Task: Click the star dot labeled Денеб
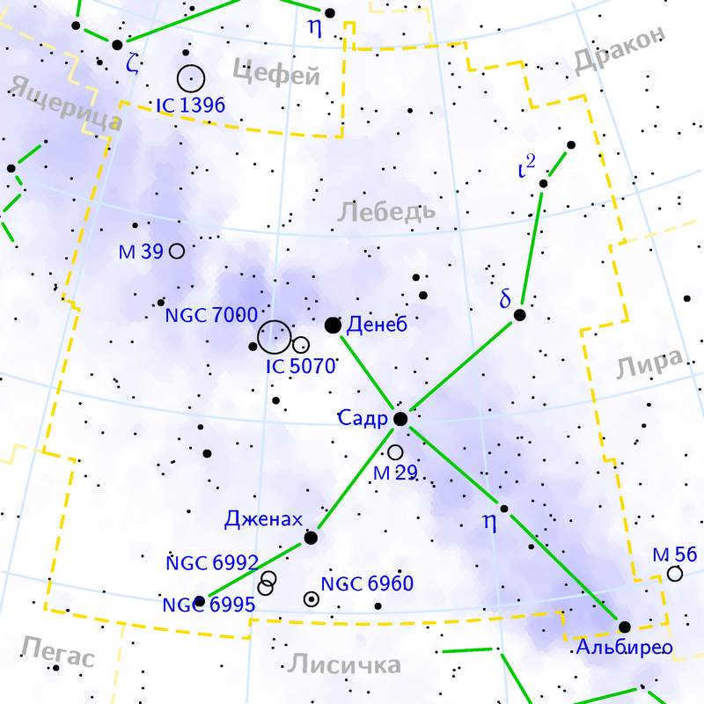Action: tap(333, 326)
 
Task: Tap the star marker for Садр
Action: tap(400, 419)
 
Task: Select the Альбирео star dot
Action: tap(624, 627)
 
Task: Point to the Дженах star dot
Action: tap(311, 537)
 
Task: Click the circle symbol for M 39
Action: tap(177, 251)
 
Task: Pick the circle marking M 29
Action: tap(395, 452)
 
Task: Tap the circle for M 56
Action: tap(675, 574)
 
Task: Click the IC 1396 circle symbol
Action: tap(191, 79)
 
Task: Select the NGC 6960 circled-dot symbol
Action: tap(311, 599)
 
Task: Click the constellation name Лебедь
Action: tap(386, 211)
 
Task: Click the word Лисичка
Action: tap(344, 664)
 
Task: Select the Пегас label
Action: tap(56, 654)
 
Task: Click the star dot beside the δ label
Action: tap(520, 314)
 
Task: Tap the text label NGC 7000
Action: tap(211, 315)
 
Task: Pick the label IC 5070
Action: tap(301, 366)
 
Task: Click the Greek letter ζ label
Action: tap(133, 63)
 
